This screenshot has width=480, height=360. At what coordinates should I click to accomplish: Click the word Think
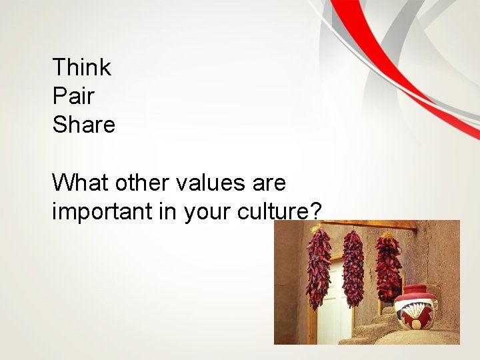81,67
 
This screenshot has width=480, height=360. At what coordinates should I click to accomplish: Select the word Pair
73,96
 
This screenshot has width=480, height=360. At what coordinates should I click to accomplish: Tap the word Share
83,125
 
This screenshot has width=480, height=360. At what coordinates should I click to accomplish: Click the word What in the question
80,182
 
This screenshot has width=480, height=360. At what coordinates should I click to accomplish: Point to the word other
135,182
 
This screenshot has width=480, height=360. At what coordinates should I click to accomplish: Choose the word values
204,182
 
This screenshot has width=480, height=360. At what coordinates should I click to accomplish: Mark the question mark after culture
315,211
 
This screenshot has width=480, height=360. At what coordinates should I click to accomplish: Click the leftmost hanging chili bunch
318,270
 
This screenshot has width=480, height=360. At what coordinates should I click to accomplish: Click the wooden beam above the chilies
373,225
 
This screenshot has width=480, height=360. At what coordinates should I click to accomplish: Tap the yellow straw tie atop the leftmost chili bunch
316,229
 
